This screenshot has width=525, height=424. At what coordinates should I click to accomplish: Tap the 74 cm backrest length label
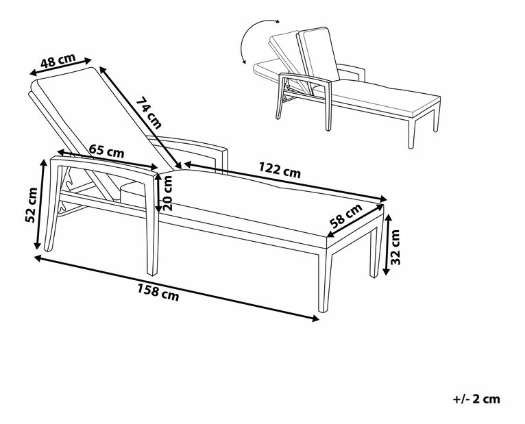tap(149, 113)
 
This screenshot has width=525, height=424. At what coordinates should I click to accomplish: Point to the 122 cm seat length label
tap(280, 170)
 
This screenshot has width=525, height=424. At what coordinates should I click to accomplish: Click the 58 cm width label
tap(346, 216)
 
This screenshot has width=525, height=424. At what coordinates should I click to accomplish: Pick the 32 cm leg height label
tap(395, 247)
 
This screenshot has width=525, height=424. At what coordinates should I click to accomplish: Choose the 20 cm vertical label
tap(167, 193)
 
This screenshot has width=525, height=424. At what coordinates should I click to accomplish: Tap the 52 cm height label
tap(31, 205)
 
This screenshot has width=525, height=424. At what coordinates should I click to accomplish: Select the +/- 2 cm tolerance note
tap(476, 399)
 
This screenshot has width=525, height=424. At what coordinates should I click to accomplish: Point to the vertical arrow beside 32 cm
tap(387, 245)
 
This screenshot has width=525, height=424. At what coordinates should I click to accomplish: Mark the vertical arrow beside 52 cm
tap(40, 204)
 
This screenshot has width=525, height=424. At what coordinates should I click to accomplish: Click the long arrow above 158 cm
tap(176, 288)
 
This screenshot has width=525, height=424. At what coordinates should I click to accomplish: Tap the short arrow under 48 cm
tap(60, 66)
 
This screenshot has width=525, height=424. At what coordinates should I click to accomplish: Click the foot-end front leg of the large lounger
tap(323, 279)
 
